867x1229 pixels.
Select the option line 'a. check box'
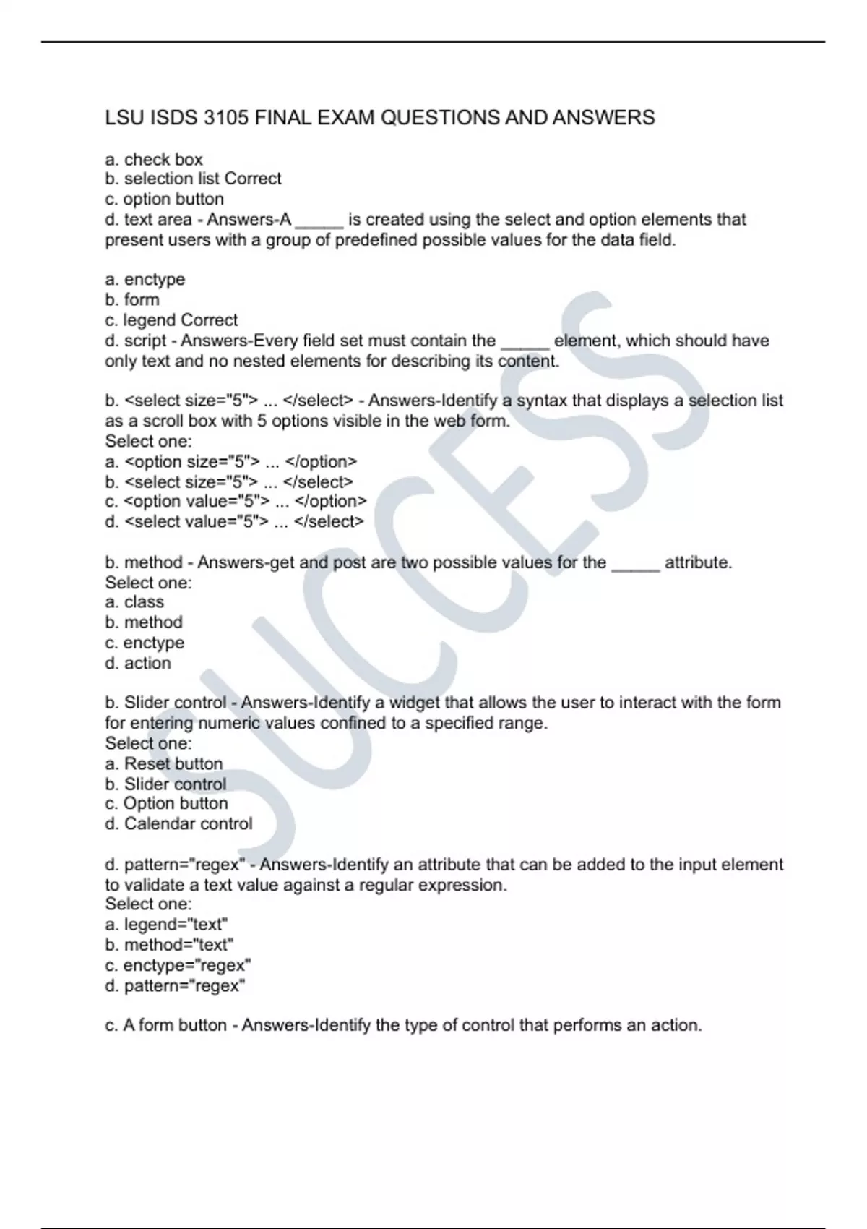[x=154, y=159]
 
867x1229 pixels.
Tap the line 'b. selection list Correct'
[x=193, y=179]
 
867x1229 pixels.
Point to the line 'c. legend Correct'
[x=171, y=320]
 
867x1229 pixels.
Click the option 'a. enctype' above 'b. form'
[x=145, y=279]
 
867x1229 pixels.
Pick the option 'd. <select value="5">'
[x=235, y=521]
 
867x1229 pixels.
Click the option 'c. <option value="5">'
[x=236, y=501]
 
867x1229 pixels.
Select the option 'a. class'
[x=134, y=602]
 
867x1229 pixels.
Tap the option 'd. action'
[x=138, y=663]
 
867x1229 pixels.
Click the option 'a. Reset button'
[x=164, y=763]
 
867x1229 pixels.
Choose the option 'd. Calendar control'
[x=179, y=823]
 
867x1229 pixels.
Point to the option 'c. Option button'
[x=166, y=803]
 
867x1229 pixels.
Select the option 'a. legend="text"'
[x=166, y=924]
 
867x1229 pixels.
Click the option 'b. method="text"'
[x=169, y=945]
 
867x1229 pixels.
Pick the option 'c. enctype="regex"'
[x=178, y=965]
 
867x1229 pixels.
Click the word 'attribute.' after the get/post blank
[x=698, y=562]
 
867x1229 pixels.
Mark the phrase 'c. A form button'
[x=166, y=1025]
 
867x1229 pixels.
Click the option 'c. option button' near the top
[x=164, y=199]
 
